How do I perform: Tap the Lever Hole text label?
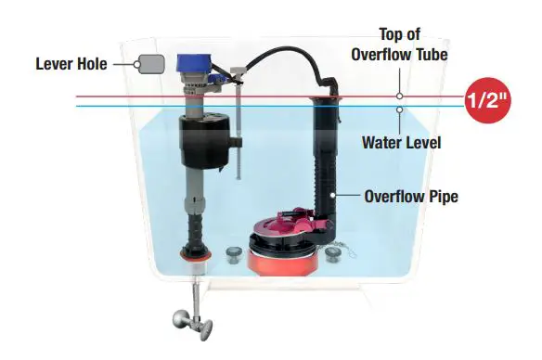pos(70,64)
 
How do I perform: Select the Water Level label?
pos(401,144)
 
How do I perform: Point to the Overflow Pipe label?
pos(409,196)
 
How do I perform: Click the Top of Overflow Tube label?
pos(400,45)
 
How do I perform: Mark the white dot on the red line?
pos(399,96)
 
